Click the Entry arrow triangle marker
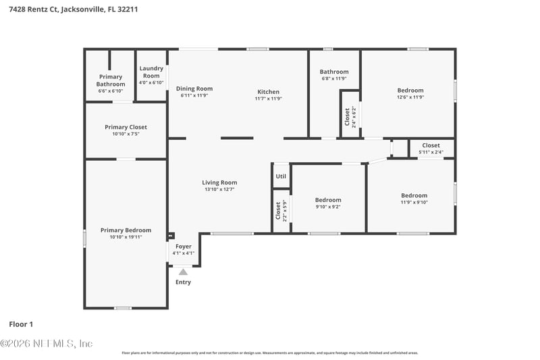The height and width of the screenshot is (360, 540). [x=182, y=272]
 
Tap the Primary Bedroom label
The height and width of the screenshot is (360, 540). [x=126, y=230]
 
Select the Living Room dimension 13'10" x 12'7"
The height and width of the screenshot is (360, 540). [x=219, y=190]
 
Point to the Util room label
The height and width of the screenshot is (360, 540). [x=280, y=176]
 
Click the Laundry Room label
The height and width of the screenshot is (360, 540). [x=151, y=72]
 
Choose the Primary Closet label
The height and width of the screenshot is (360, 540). [x=126, y=127]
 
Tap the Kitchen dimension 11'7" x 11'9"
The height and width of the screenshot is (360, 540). [x=268, y=99]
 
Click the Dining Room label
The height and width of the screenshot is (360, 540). [x=194, y=88]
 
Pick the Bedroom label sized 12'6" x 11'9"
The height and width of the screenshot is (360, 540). [x=410, y=91]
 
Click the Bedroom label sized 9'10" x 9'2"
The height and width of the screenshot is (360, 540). [x=328, y=200]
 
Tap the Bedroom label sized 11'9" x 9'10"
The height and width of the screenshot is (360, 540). [x=414, y=196]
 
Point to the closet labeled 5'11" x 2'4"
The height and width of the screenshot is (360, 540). [x=431, y=145]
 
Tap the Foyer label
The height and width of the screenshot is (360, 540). [x=183, y=247]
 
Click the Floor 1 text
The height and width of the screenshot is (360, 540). [x=21, y=324]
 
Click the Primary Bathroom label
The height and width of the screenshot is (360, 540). [x=111, y=80]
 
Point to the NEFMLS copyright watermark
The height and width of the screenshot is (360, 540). [x=46, y=344]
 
